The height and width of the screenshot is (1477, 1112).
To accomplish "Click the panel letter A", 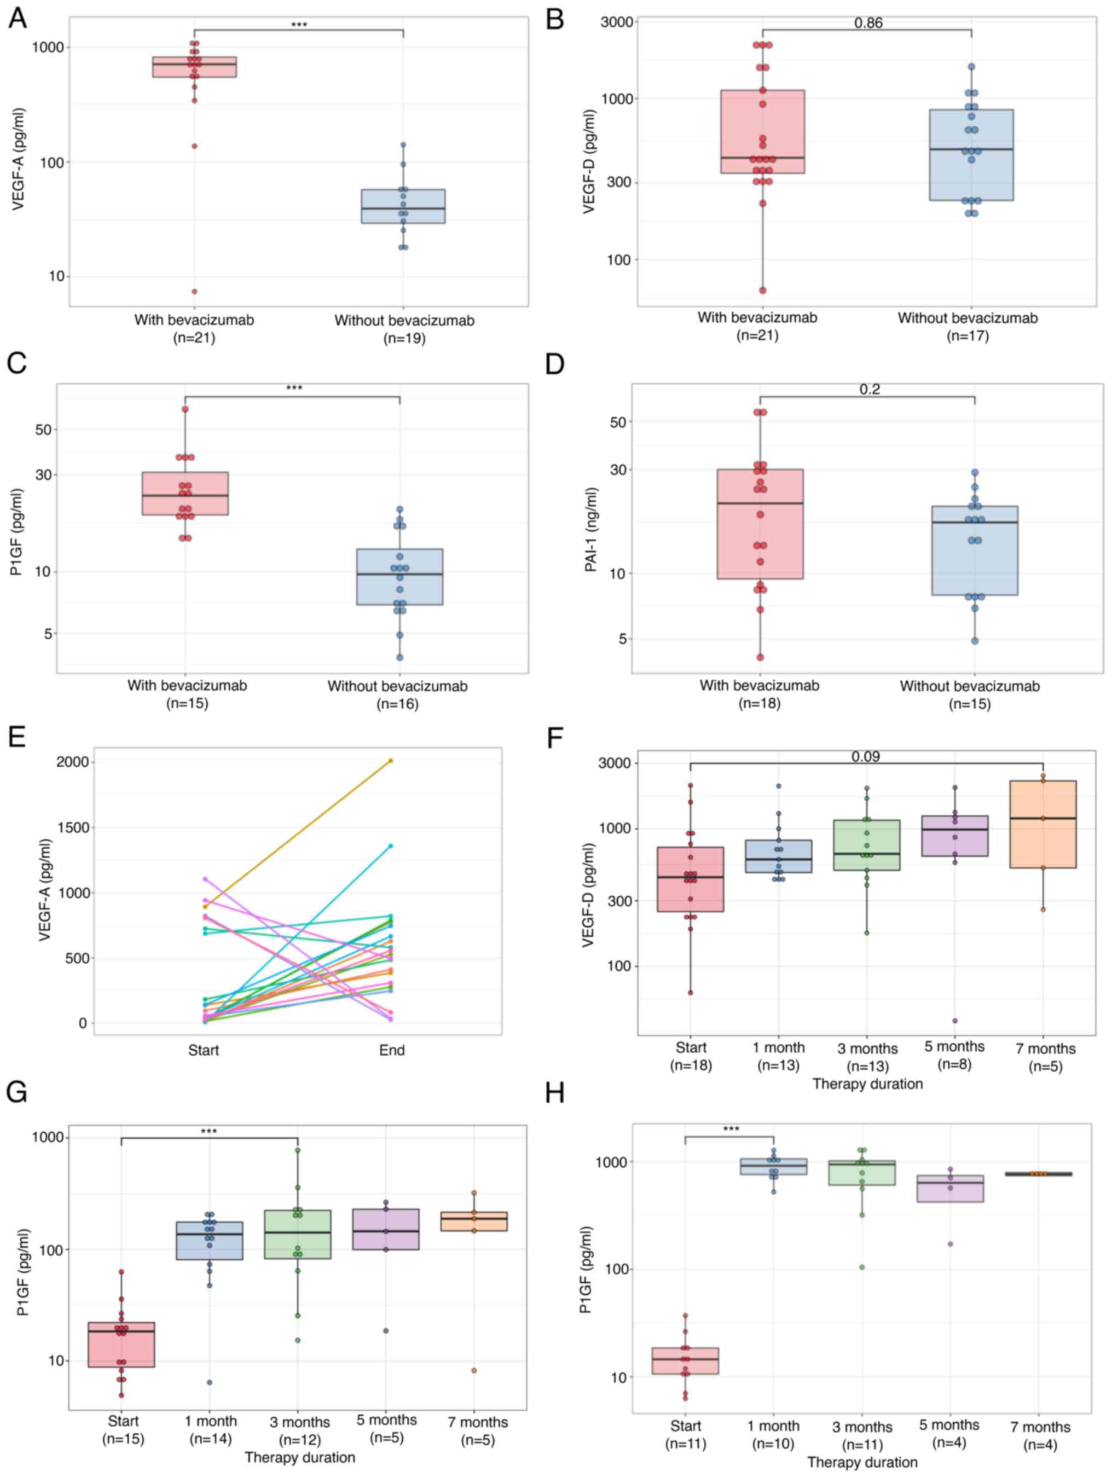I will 18,19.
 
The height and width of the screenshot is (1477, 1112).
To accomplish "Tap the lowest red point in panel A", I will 194,291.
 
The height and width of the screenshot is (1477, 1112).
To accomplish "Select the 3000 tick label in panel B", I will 617,22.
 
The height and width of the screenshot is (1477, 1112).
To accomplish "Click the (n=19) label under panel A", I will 404,339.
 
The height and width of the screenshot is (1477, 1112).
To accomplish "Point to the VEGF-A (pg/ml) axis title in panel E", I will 45,891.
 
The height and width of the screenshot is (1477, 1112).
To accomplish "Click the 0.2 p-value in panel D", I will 870,389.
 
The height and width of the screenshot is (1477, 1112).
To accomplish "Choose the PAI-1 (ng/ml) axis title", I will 591,530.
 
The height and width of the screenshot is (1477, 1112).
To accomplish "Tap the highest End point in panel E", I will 391,761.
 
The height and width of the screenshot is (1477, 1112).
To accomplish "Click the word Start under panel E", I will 203,1050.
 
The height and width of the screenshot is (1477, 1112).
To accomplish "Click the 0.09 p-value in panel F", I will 866,756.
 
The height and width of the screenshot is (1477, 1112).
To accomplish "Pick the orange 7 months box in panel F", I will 1042,824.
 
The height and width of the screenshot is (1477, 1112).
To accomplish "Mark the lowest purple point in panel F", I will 955,1020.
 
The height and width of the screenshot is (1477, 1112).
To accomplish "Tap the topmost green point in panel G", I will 298,1150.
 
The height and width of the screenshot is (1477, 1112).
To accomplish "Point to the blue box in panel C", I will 399,577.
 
